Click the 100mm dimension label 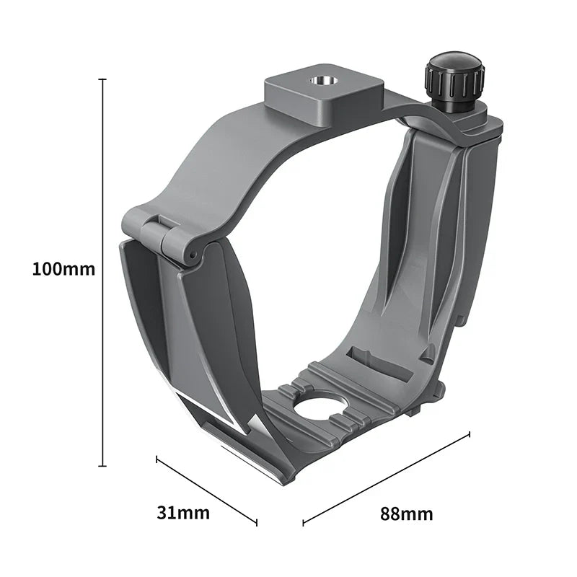(63, 270)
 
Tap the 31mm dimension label (183, 513)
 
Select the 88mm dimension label (407, 514)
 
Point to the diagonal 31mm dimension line (206, 490)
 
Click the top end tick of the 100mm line (103, 79)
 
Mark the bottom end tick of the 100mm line (103, 466)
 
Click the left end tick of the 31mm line (157, 457)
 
